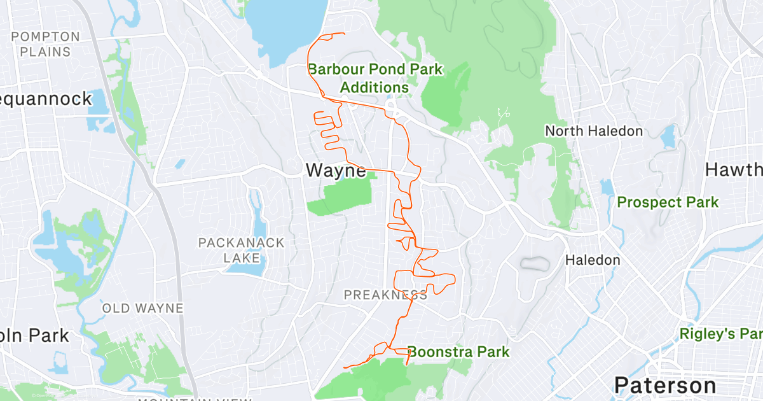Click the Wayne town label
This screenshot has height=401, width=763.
pyautogui.click(x=336, y=171)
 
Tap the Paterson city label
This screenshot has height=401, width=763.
pyautogui.click(x=664, y=385)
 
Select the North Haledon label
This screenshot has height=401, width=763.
pyautogui.click(x=594, y=131)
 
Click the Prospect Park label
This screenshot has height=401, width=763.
pyautogui.click(x=668, y=202)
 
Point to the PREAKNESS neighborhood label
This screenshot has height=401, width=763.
pyautogui.click(x=385, y=295)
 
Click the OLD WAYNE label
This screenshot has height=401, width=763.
pyautogui.click(x=142, y=309)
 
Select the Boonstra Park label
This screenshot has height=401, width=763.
pyautogui.click(x=458, y=351)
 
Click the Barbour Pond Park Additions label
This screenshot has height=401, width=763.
pyautogui.click(x=375, y=78)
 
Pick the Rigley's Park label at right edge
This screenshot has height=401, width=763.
pyautogui.click(x=720, y=334)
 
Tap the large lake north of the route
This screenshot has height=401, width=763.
pyautogui.click(x=285, y=29)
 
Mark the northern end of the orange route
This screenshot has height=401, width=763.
pyautogui.click(x=344, y=34)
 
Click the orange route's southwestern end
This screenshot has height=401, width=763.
pyautogui.click(x=344, y=367)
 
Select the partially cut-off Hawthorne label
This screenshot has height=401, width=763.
pyautogui.click(x=734, y=170)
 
